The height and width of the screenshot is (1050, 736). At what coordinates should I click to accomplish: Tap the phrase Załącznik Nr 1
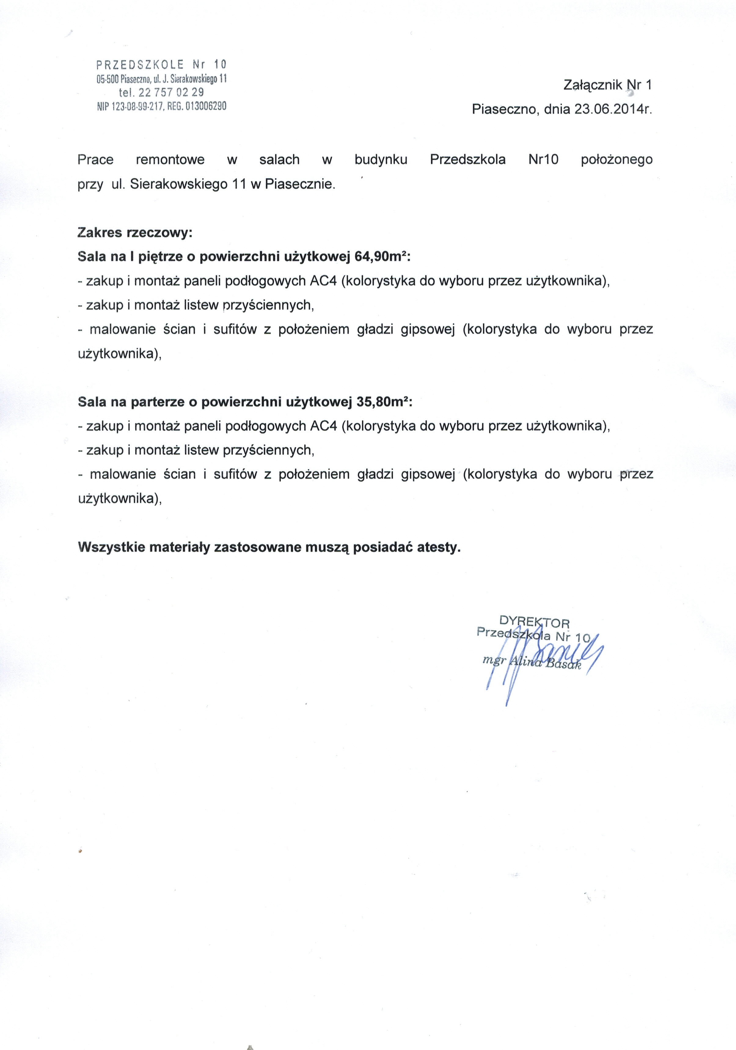click(x=608, y=85)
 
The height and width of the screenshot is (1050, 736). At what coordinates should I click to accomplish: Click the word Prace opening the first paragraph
click(x=96, y=160)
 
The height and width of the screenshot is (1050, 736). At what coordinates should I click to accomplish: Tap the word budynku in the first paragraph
click(x=380, y=160)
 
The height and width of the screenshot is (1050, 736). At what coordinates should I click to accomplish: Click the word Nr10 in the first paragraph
click(x=543, y=160)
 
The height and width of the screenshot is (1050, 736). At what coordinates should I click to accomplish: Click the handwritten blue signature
click(x=540, y=659)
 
